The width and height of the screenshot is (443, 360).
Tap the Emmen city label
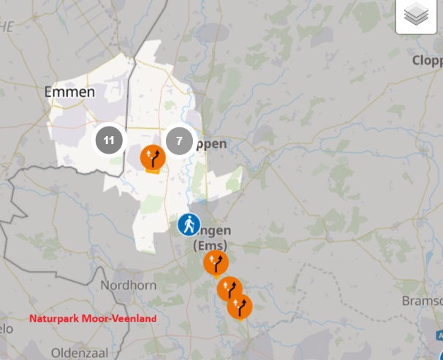point(69,92)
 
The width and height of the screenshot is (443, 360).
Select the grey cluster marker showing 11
point(109,140)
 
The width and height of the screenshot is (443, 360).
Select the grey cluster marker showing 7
point(179,140)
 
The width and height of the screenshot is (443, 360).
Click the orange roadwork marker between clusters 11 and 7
point(152,157)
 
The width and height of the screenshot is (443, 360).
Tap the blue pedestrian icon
point(189,225)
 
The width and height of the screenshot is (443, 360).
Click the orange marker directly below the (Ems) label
point(216,263)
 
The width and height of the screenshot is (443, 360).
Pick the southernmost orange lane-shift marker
point(240,307)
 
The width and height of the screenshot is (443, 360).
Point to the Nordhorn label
point(124,285)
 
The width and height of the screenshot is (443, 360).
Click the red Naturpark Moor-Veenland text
point(93,319)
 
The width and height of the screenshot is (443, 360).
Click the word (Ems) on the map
point(211,245)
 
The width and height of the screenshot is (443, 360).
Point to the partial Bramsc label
point(422,301)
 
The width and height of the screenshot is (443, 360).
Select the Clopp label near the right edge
point(427,60)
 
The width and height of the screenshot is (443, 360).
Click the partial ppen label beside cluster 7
point(211,144)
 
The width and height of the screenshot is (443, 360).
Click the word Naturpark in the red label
point(54,319)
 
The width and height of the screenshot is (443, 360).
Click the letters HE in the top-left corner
point(7,26)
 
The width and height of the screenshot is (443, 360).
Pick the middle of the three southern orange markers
point(230,289)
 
